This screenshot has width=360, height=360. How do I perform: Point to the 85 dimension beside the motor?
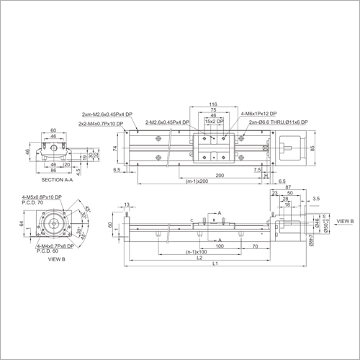coord(312,149)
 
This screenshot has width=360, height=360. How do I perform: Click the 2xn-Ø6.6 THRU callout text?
coord(277,123)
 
